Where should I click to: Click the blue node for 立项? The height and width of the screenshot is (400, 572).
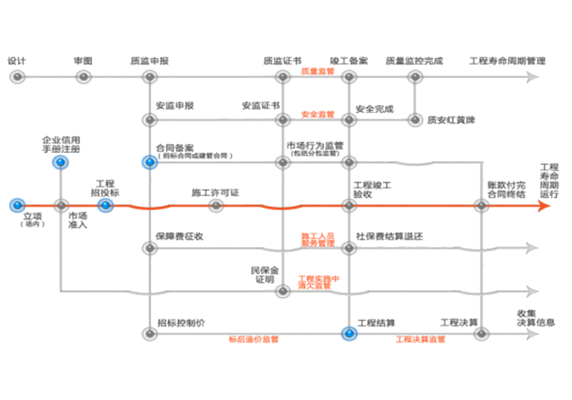pos(17,206)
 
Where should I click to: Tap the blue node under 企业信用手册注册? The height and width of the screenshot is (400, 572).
pos(60,163)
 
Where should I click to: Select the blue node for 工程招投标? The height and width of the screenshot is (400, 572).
pos(106,206)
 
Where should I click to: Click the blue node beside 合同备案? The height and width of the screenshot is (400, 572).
pos(149,163)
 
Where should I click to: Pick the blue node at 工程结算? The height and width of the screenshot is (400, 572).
pos(348,333)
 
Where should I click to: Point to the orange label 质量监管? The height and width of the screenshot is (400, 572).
pos(317,72)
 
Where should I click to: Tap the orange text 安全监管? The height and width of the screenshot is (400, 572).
pos(317,115)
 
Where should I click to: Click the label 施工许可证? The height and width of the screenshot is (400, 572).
pos(215,192)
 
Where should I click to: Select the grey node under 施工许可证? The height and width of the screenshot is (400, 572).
pos(216,206)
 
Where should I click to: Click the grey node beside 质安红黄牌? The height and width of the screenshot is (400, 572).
pos(415,119)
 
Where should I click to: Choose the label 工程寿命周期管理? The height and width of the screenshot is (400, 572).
pos(507,62)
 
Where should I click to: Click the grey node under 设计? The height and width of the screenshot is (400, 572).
pos(17,77)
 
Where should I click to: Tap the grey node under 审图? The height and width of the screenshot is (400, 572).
pos(83,77)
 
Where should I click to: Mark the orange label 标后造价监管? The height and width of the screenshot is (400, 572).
pos(254,339)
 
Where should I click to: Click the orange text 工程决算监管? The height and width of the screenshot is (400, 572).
pos(420,339)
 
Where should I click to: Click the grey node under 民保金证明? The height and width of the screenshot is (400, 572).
pos(283,291)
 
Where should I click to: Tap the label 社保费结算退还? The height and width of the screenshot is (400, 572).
pos(389,236)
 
